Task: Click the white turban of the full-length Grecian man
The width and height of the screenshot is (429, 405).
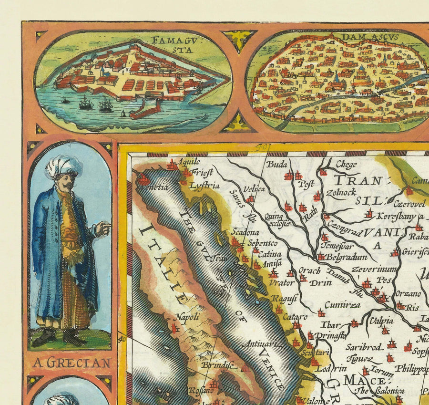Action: (63, 166)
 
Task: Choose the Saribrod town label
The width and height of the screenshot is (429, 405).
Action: (364, 347)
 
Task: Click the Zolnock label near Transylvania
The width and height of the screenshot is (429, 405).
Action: (341, 193)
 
